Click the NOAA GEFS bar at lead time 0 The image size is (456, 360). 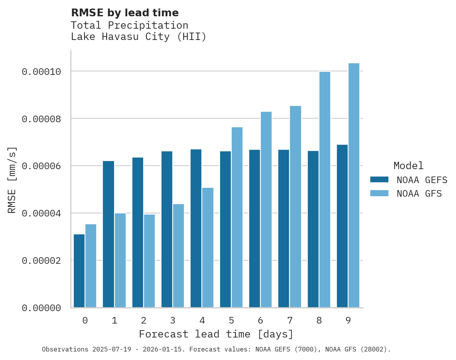pyautogui.click(x=79, y=271)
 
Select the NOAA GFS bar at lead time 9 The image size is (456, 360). pyautogui.click(x=354, y=185)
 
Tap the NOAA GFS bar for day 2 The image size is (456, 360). pyautogui.click(x=149, y=261)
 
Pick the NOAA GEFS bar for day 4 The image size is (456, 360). pyautogui.click(x=196, y=228)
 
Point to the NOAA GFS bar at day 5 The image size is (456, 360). pyautogui.click(x=237, y=217)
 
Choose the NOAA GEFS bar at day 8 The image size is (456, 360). pyautogui.click(x=313, y=229)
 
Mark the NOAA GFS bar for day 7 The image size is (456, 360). pyautogui.click(x=296, y=206)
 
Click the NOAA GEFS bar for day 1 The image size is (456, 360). pyautogui.click(x=108, y=234)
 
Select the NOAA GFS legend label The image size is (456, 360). pyautogui.click(x=419, y=193)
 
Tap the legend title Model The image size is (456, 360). pyautogui.click(x=408, y=166)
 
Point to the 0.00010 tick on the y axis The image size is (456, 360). pyautogui.click(x=42, y=72)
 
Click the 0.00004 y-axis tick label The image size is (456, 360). pyautogui.click(x=42, y=213)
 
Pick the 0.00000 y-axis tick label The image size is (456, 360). pyautogui.click(x=42, y=308)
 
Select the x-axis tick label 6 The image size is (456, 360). pyautogui.click(x=260, y=320)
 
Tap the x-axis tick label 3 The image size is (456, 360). pyautogui.click(x=173, y=320)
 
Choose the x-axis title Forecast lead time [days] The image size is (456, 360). pyautogui.click(x=216, y=334)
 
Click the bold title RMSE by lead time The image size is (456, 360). pyautogui.click(x=125, y=13)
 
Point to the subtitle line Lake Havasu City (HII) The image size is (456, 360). pyautogui.click(x=139, y=37)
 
